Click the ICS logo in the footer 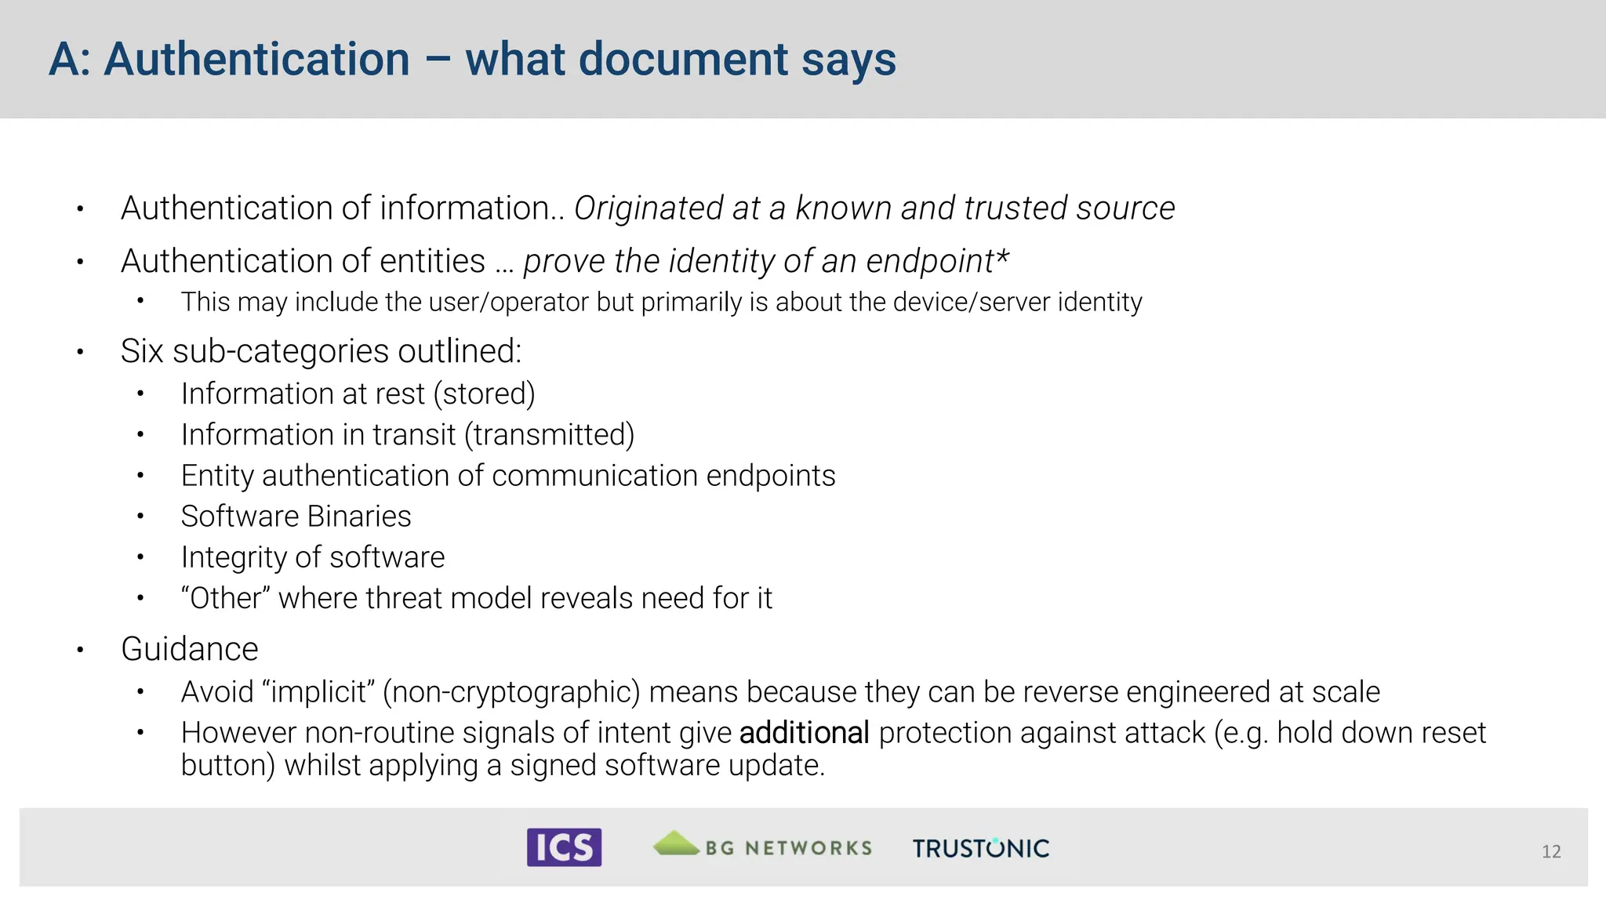(x=564, y=847)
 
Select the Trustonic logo (x=980, y=848)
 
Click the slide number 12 (x=1550, y=852)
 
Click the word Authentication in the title (x=256, y=60)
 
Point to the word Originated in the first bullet (x=647, y=209)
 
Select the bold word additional (x=804, y=733)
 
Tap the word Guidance (x=190, y=650)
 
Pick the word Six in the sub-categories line (x=142, y=351)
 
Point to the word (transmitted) (x=549, y=435)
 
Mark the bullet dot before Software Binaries (x=140, y=517)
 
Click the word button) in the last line (x=227, y=766)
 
